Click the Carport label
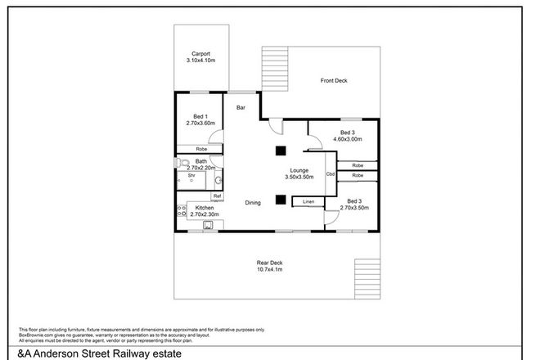point(200,54)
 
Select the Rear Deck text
point(268,262)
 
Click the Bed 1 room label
point(200,116)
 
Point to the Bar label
point(241,107)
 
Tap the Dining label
point(254,203)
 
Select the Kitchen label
point(205,208)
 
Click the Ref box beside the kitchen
point(217,196)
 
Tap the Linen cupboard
point(308,201)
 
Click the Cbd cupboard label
point(331,174)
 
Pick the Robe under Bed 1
point(200,149)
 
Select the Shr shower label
point(191,175)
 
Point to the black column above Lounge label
point(280,150)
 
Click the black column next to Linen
point(280,198)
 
